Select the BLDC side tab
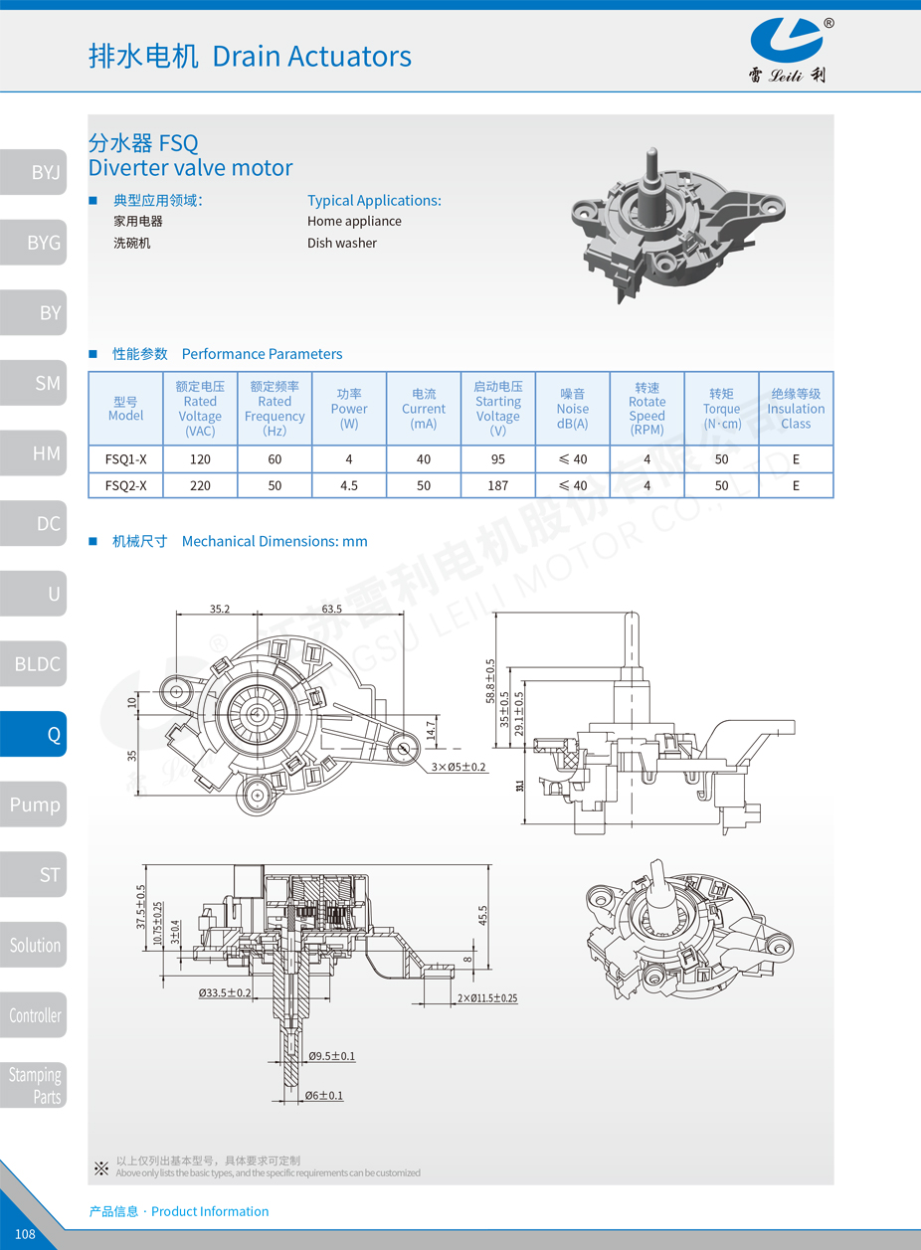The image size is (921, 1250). [x=33, y=663]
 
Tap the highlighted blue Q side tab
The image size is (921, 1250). [x=33, y=734]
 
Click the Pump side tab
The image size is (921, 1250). [x=33, y=804]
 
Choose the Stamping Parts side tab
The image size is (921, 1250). [x=33, y=1085]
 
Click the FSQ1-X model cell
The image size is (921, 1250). [x=125, y=459]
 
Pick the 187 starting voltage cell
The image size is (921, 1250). [x=498, y=485]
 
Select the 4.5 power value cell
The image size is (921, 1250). [x=349, y=485]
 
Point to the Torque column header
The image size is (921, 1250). [x=722, y=409]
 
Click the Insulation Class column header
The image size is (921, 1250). [x=796, y=409]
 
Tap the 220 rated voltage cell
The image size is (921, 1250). [x=200, y=485]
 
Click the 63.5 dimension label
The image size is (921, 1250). [x=331, y=609]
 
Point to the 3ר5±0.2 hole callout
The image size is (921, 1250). [x=459, y=767]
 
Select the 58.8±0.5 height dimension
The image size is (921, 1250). [x=490, y=681]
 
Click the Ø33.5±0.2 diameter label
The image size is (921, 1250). [x=225, y=992]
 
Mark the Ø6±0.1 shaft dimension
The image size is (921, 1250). [x=324, y=1096]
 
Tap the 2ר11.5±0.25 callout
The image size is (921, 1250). [x=487, y=997]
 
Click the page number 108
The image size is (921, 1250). [x=25, y=1233]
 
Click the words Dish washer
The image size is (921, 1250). [x=341, y=243]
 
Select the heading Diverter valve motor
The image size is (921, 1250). [x=190, y=167]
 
